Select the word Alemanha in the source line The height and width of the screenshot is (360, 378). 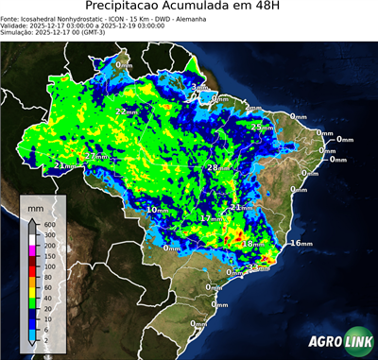pyautogui.click(x=241, y=19)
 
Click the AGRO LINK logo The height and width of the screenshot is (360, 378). pyautogui.click(x=340, y=342)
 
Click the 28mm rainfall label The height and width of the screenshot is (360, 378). pyautogui.click(x=217, y=168)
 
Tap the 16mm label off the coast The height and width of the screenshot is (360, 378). pyautogui.click(x=301, y=244)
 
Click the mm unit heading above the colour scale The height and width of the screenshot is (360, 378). pyautogui.click(x=35, y=206)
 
